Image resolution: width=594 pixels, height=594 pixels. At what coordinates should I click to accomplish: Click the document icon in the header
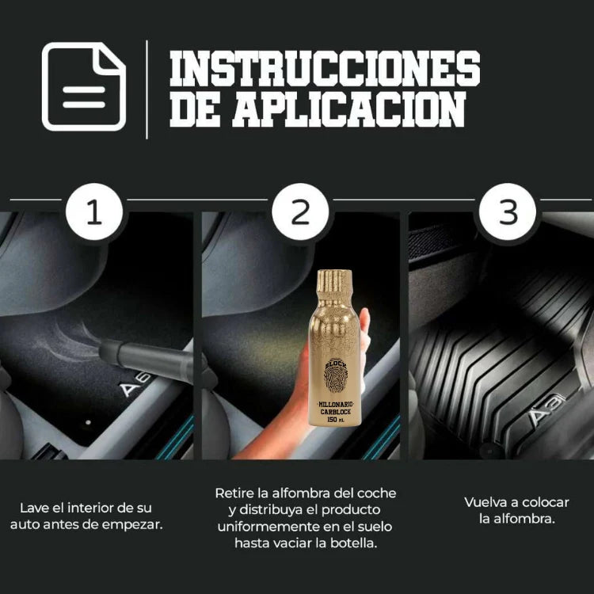pos(84,86)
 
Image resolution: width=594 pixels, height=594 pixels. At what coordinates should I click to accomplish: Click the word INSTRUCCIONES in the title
pos(325,69)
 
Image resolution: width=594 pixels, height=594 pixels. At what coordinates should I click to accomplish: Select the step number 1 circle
pos(94,213)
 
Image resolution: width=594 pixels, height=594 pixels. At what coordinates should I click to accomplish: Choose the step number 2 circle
pos(300,213)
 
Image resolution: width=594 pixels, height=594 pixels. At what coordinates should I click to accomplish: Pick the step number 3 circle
pos(507,213)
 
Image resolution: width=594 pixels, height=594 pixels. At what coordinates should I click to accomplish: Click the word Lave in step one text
pos(34,508)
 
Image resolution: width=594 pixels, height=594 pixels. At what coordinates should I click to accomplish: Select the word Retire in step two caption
pos(234,493)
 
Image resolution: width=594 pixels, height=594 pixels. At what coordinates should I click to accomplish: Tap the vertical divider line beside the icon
pos(147,89)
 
